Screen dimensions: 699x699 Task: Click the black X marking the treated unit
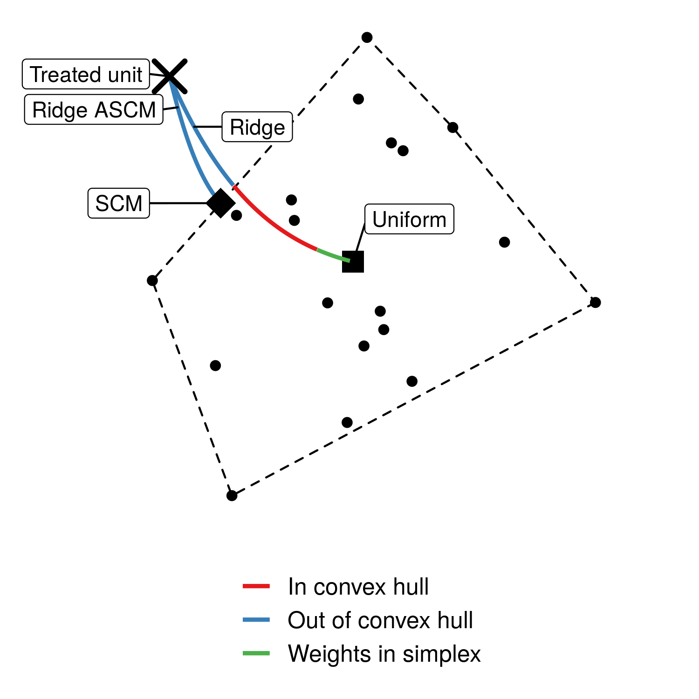point(170,76)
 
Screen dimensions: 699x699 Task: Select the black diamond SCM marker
point(220,203)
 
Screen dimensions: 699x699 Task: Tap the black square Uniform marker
point(353,261)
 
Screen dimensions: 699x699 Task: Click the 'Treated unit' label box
point(86,74)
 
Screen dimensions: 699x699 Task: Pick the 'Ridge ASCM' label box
point(94,110)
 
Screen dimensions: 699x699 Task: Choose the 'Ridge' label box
point(257,127)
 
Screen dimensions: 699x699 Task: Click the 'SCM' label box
point(118,203)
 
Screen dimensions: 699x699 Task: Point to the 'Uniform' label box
point(409,219)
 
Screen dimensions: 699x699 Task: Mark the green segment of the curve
point(333,255)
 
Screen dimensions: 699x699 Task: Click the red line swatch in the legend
point(256,586)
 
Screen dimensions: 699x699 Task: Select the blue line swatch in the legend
point(256,620)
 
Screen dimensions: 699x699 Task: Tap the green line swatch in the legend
point(256,653)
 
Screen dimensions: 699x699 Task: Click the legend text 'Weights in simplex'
point(384,653)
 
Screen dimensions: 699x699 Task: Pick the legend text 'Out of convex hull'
point(380,620)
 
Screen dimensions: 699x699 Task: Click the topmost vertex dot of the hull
point(367,37)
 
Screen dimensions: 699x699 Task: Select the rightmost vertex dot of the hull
point(596,302)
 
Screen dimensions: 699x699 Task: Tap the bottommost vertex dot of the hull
point(232,495)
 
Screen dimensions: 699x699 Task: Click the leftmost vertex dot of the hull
point(152,281)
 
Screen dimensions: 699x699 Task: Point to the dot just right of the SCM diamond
point(237,215)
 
